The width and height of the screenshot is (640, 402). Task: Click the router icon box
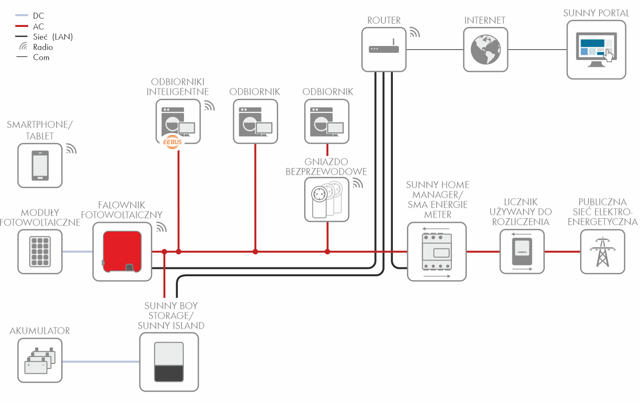384,49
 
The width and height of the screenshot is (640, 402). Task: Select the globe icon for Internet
485,49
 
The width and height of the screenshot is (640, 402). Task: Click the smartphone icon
40,165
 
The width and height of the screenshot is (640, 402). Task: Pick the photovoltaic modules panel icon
40,252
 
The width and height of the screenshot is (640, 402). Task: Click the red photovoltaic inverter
122,251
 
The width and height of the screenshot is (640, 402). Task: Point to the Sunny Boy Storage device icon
169,362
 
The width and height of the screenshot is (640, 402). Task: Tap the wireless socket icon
327,199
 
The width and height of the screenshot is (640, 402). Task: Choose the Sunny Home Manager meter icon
436,252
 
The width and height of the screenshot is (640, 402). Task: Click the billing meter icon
522,252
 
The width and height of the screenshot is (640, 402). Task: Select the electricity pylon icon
602,252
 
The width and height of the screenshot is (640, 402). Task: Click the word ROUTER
384,20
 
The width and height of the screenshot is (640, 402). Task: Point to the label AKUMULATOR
40,331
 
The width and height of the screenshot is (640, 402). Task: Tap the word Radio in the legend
43,47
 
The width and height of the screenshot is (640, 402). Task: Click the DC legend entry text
39,16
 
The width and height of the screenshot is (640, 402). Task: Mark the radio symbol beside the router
414,32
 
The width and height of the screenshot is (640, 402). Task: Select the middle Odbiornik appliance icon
255,121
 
